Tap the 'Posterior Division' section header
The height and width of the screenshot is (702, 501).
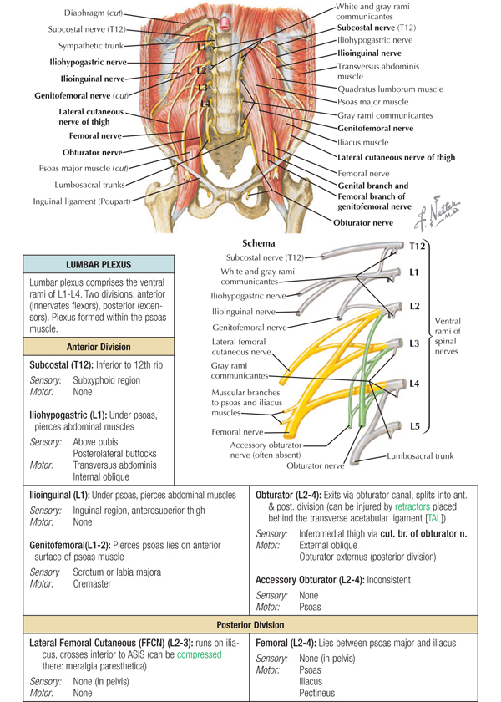point(250,624)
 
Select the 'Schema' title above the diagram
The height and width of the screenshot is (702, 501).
point(259,242)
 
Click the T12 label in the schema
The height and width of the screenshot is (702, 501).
point(417,247)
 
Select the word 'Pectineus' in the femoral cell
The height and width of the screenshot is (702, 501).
point(320,693)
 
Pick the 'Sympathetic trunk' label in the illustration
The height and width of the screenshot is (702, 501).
point(89,45)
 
